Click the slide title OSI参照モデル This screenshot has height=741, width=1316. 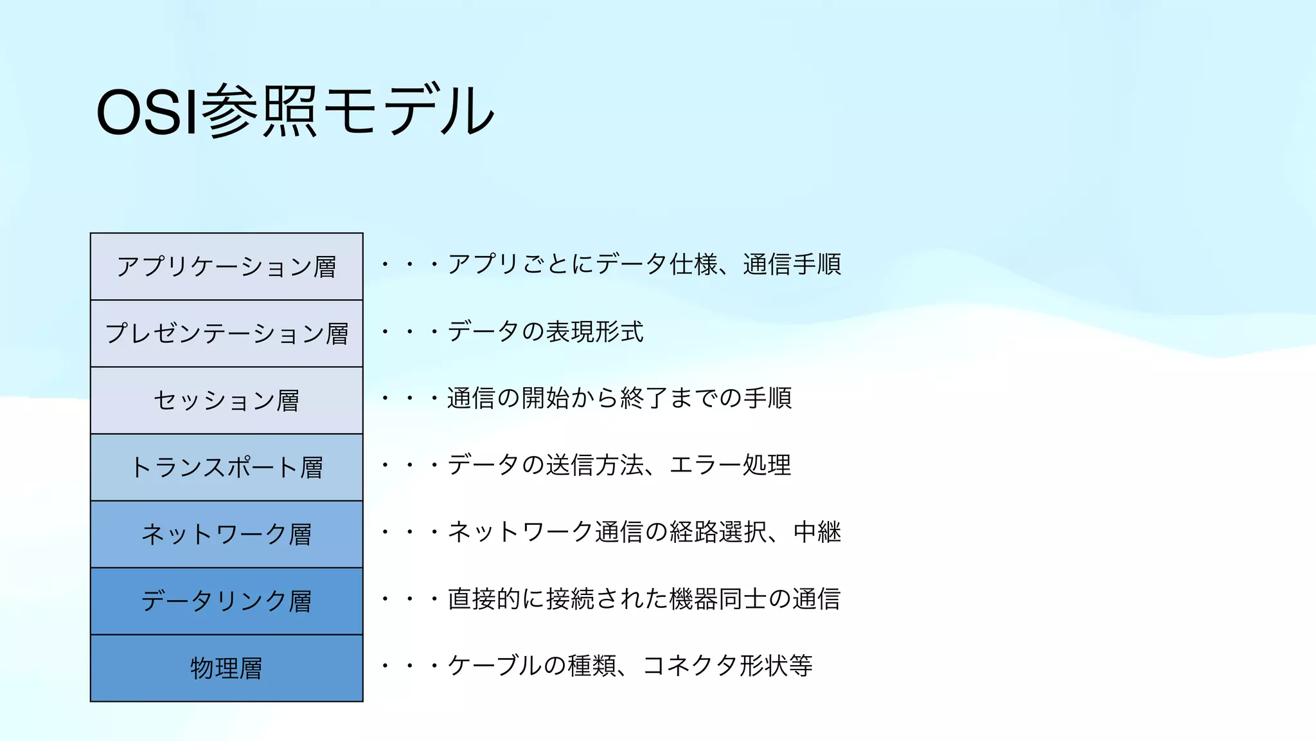[x=294, y=111]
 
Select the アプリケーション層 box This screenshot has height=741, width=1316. [x=226, y=266]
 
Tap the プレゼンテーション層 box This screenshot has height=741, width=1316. [x=226, y=333]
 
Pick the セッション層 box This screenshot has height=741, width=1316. [x=226, y=400]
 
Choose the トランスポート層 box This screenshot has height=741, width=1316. [x=226, y=467]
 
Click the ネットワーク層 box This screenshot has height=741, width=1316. [x=226, y=534]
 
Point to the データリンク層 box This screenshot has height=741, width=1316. [x=226, y=601]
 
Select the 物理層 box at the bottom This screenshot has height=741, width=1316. [x=226, y=668]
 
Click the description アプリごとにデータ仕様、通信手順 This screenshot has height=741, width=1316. [x=644, y=264]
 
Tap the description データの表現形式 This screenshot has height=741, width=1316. [x=545, y=331]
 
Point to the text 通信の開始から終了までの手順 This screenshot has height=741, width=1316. [x=619, y=398]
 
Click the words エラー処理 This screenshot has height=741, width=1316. [x=730, y=465]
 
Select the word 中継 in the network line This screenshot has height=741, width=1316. [x=817, y=532]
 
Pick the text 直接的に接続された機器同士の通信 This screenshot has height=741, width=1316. [x=644, y=599]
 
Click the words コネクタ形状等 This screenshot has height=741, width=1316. [x=727, y=666]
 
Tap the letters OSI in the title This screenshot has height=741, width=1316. [x=147, y=112]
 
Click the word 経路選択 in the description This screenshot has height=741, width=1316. [x=718, y=532]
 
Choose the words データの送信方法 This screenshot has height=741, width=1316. [x=545, y=465]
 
